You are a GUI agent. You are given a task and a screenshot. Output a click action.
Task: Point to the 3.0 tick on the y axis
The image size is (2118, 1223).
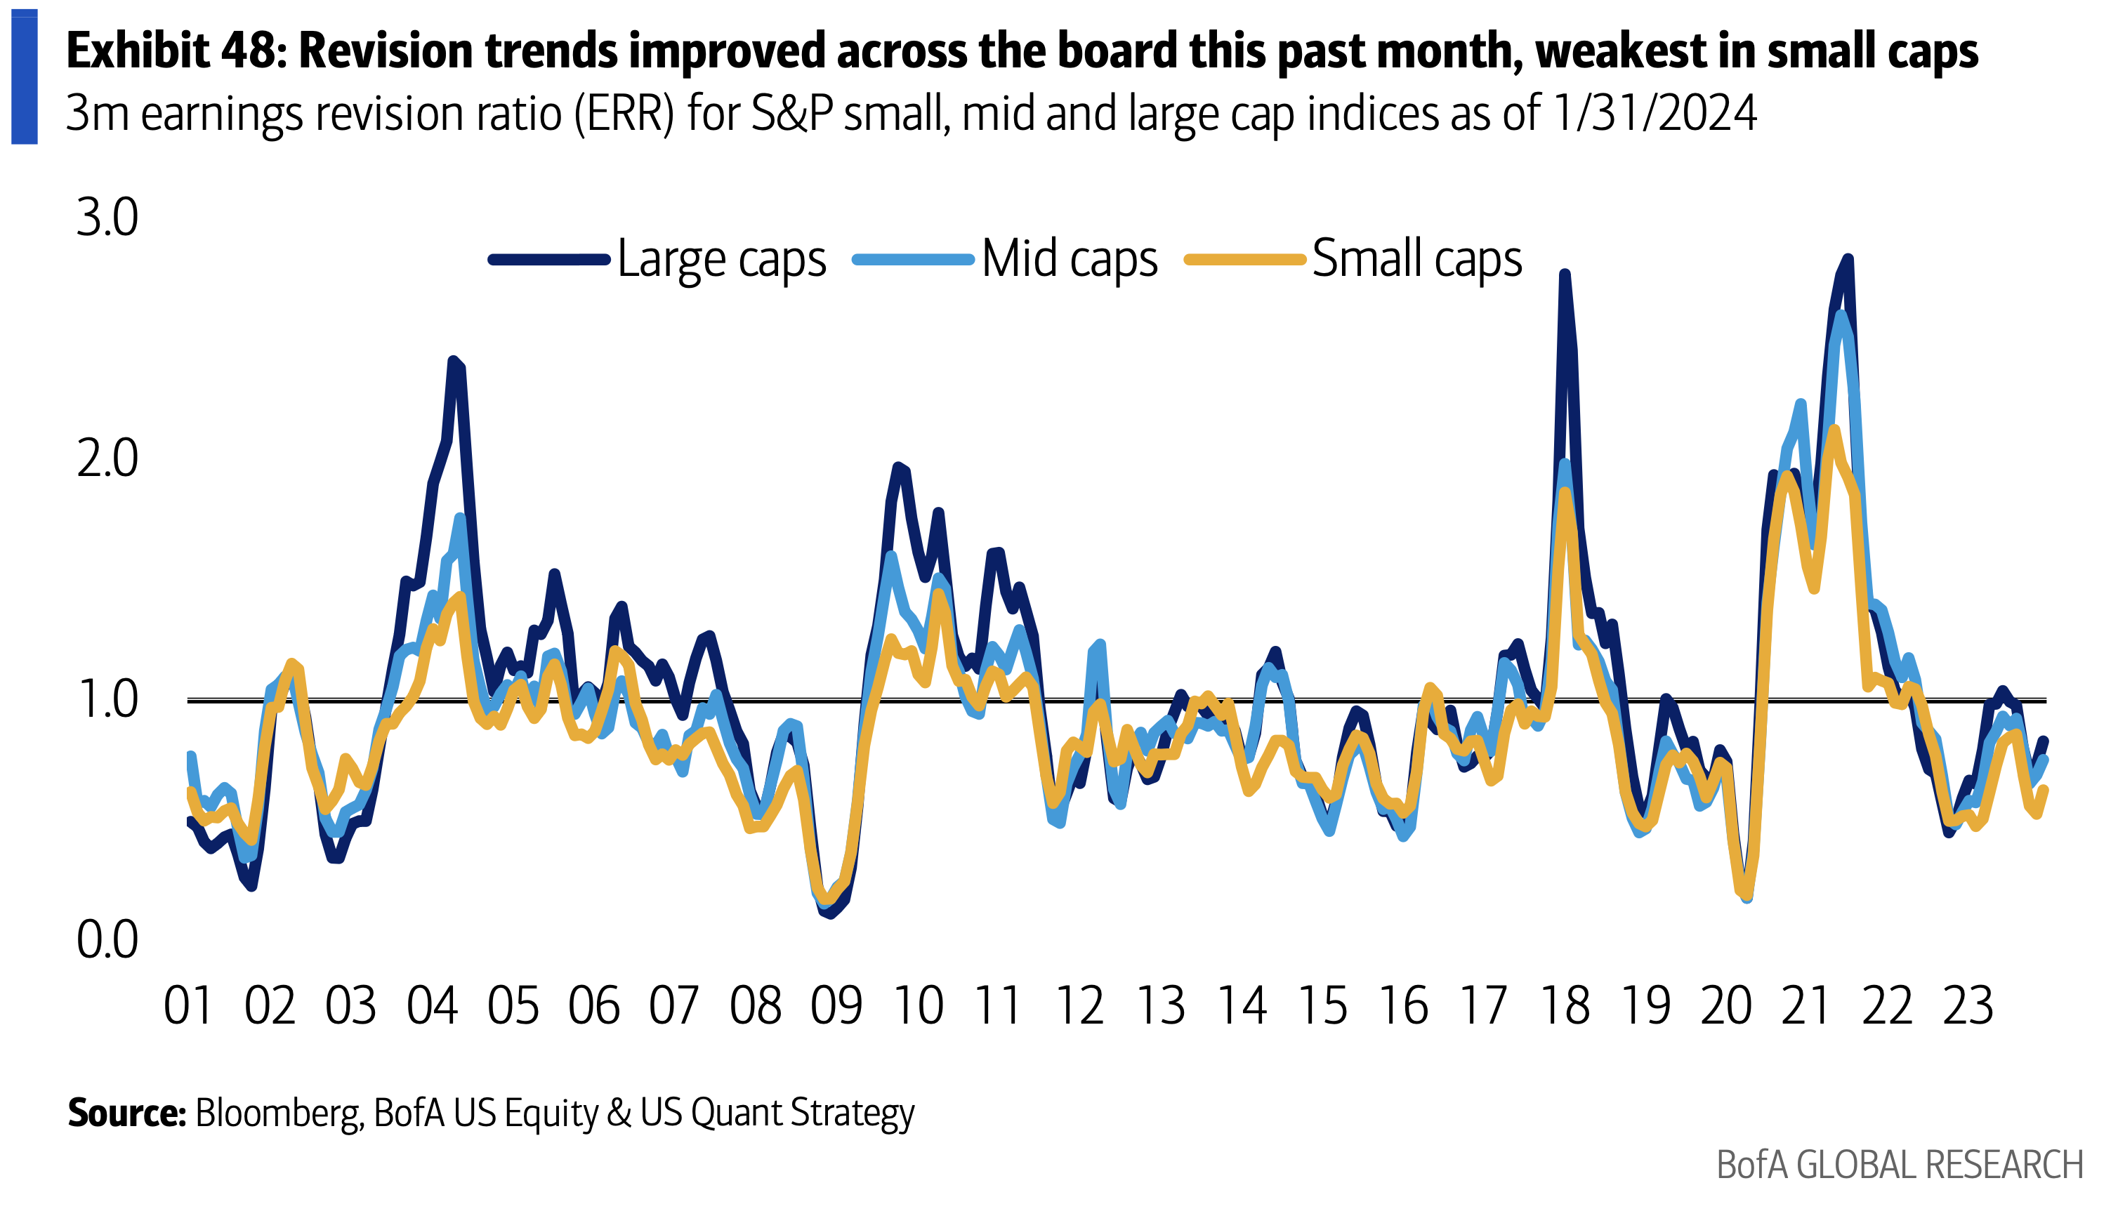coord(107,218)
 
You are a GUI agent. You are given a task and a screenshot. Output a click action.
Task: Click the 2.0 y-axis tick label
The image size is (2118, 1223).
coord(107,459)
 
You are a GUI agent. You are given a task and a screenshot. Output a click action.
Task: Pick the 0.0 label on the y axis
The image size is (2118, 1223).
coord(107,940)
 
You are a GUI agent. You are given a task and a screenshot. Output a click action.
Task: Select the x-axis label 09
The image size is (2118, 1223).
coord(836,1005)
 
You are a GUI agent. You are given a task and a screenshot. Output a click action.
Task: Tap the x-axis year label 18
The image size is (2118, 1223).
coord(1565,1005)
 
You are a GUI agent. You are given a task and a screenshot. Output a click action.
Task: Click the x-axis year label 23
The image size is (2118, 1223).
coord(1968,1005)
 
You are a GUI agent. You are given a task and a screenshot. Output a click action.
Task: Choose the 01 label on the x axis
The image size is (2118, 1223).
coord(188,1005)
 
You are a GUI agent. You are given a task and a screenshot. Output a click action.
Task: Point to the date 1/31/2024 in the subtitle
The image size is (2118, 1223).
coord(1655,114)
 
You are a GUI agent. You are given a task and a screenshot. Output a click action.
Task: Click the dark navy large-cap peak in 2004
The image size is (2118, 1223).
coord(454,360)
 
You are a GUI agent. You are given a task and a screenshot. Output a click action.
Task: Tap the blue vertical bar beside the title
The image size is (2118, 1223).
coord(25,77)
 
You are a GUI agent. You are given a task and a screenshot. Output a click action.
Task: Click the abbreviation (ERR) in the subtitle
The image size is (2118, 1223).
coord(624,114)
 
